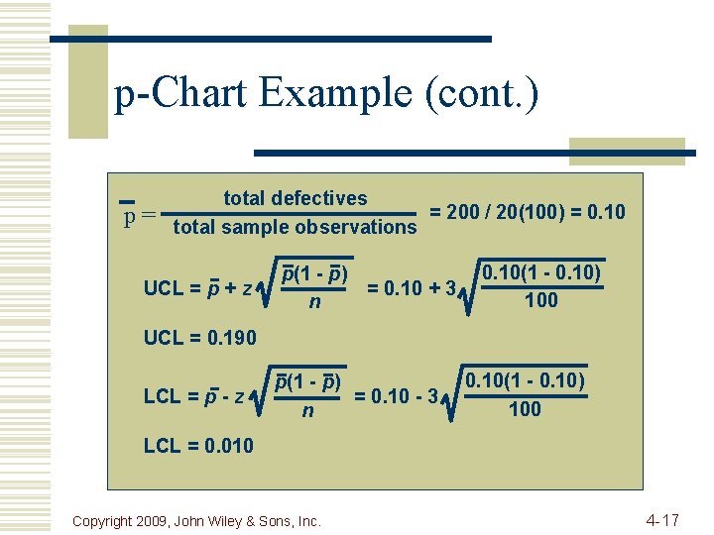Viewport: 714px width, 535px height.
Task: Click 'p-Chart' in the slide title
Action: pyautogui.click(x=182, y=94)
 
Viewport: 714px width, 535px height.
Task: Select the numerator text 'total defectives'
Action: pyautogui.click(x=295, y=198)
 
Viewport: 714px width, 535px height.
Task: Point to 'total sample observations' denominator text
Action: pyautogui.click(x=295, y=228)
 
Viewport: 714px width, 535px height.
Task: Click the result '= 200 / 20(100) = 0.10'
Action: pyautogui.click(x=527, y=212)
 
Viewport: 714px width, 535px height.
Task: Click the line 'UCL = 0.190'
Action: pyautogui.click(x=199, y=338)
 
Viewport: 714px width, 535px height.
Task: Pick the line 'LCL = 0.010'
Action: pyautogui.click(x=198, y=446)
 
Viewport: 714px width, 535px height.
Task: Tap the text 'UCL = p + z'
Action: pyautogui.click(x=197, y=288)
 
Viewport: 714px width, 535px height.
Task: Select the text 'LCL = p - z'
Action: pyautogui.click(x=195, y=396)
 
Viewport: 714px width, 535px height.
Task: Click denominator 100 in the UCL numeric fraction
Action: pyautogui.click(x=540, y=300)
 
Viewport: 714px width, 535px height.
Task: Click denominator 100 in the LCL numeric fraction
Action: pyautogui.click(x=525, y=408)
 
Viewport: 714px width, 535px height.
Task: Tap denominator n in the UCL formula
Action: pyautogui.click(x=314, y=301)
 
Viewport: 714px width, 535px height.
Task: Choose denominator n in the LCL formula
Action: pyautogui.click(x=307, y=409)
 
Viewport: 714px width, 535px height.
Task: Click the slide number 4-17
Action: pyautogui.click(x=661, y=519)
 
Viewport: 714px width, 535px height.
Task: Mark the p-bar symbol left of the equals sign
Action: pyautogui.click(x=128, y=212)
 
